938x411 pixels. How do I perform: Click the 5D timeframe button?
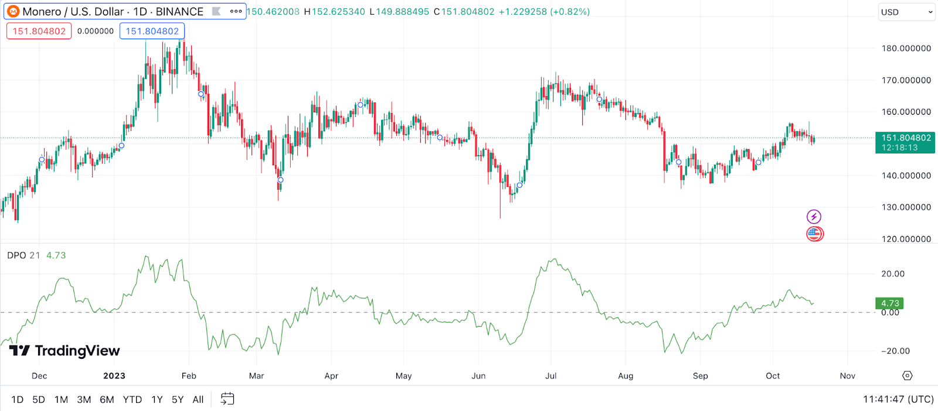39,399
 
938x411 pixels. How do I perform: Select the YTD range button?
132,399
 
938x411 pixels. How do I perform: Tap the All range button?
198,399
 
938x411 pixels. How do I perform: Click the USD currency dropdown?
906,12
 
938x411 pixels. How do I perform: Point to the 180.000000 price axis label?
906,48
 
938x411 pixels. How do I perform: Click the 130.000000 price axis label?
906,207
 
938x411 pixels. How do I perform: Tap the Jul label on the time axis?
550,376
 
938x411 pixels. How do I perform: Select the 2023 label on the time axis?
114,376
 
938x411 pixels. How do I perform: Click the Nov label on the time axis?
847,376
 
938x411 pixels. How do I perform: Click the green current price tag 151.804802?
905,142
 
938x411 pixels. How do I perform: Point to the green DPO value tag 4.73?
889,303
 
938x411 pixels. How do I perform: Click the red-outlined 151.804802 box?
39,31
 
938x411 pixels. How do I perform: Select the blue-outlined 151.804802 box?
152,31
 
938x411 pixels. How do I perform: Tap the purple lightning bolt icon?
814,217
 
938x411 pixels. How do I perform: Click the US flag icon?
814,234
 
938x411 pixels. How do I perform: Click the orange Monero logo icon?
13,12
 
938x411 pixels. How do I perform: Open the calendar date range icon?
227,399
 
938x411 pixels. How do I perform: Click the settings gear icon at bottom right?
908,376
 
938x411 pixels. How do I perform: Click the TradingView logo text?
64,351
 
